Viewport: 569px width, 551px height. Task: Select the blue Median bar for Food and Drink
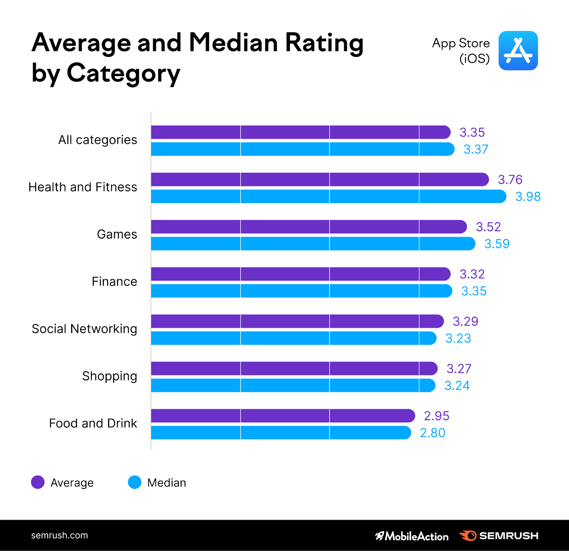click(x=281, y=433)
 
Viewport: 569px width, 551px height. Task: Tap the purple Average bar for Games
click(x=308, y=227)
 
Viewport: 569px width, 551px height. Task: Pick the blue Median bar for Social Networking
click(x=293, y=338)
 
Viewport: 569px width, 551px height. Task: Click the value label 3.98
click(x=528, y=197)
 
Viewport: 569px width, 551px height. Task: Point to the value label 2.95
click(x=436, y=416)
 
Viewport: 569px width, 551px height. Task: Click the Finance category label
click(x=114, y=282)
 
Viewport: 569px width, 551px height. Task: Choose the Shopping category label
click(x=110, y=376)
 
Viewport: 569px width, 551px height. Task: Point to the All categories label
click(x=97, y=140)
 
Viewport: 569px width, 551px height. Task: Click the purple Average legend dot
click(x=38, y=482)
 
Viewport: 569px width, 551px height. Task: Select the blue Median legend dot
click(x=135, y=482)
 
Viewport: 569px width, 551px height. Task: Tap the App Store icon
click(x=518, y=51)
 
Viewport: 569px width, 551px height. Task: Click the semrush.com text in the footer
click(x=59, y=535)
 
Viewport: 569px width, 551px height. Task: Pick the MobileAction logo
click(x=412, y=536)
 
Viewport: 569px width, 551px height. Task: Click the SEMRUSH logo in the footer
click(x=499, y=536)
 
